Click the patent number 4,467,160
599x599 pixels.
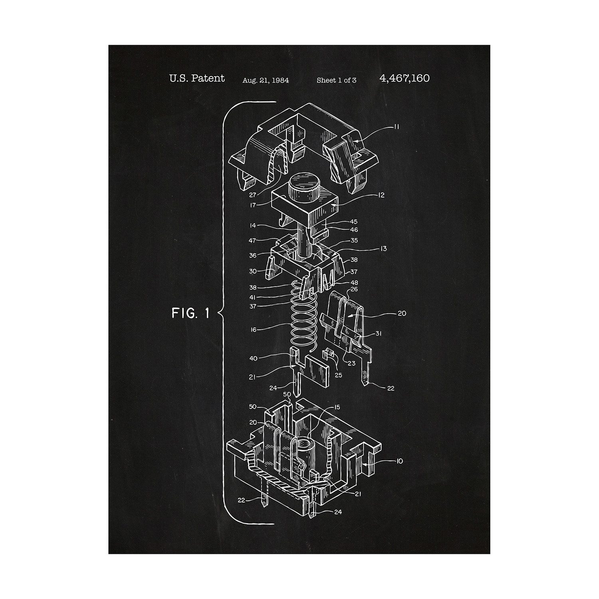(x=405, y=78)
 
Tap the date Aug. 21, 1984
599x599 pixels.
(x=266, y=80)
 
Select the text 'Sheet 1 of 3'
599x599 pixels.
(x=336, y=80)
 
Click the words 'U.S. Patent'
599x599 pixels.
(x=197, y=78)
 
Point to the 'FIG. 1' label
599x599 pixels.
(x=190, y=313)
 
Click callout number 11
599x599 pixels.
(x=397, y=127)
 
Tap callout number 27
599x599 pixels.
(x=253, y=195)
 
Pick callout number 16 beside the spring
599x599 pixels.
(x=254, y=330)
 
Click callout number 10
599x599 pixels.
(x=399, y=461)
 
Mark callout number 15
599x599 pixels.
(x=337, y=407)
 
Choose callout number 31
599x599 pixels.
(x=379, y=333)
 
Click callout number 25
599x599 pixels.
(x=339, y=375)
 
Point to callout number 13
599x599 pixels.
(x=384, y=249)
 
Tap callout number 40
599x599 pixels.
(x=253, y=359)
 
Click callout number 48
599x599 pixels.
(x=354, y=283)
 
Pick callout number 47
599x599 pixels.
(x=252, y=241)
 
